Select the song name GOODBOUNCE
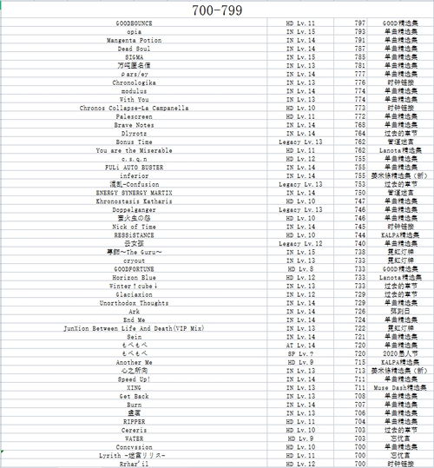[x=135, y=23]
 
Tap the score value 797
[x=359, y=23]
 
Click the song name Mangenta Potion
[x=135, y=40]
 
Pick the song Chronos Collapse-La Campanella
[x=135, y=108]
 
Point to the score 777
[x=359, y=74]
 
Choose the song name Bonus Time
[x=135, y=142]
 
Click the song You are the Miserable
[x=135, y=150]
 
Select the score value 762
[x=359, y=142]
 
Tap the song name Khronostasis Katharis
[x=135, y=201]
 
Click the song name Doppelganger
[x=135, y=209]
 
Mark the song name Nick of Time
[x=135, y=226]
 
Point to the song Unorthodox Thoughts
[x=135, y=302]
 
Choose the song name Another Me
[x=135, y=361]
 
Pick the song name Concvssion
[x=135, y=446]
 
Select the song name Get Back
[x=135, y=395]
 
